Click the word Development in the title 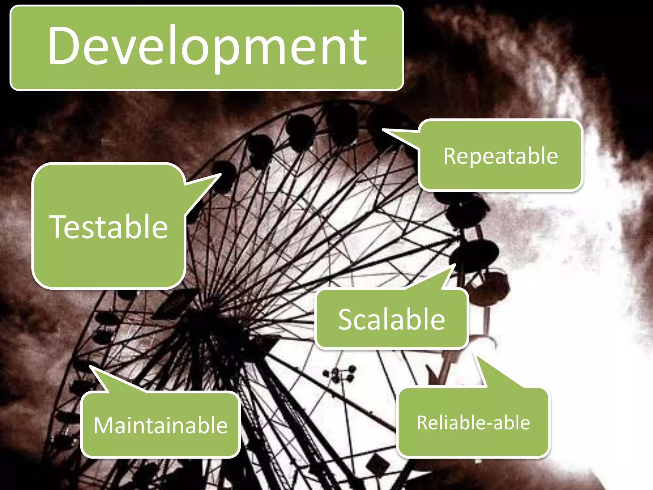coord(207,46)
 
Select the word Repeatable coord(501,156)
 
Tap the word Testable coord(108,226)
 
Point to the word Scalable coord(392,319)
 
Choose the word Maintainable coord(160,425)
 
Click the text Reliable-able coord(473,423)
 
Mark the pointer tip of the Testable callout coord(220,174)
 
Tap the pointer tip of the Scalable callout coord(455,265)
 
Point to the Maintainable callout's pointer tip coord(90,366)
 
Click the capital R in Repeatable coord(450,156)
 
